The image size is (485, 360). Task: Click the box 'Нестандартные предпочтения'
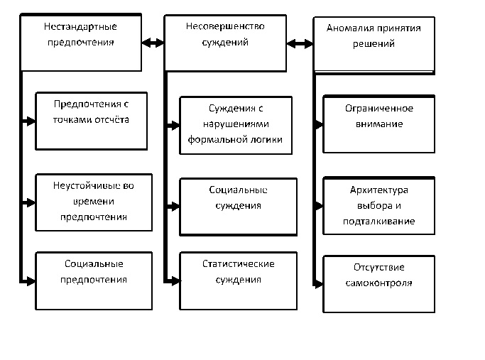81,43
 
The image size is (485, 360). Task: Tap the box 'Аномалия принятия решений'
374,43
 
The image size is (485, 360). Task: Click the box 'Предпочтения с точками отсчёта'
93,121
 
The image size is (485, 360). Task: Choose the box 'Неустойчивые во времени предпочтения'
93,202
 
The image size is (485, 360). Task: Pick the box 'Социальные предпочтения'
93,280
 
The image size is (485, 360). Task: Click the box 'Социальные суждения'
237,207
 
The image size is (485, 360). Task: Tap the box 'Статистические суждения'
237,280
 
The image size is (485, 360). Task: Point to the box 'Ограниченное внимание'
378,124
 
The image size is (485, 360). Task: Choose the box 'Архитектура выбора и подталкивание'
378,206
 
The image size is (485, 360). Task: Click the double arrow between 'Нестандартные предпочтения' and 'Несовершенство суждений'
153,43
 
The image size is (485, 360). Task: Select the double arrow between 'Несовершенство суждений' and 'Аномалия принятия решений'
299,44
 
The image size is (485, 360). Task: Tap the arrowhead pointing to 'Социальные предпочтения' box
30,282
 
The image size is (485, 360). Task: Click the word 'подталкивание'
378,221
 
